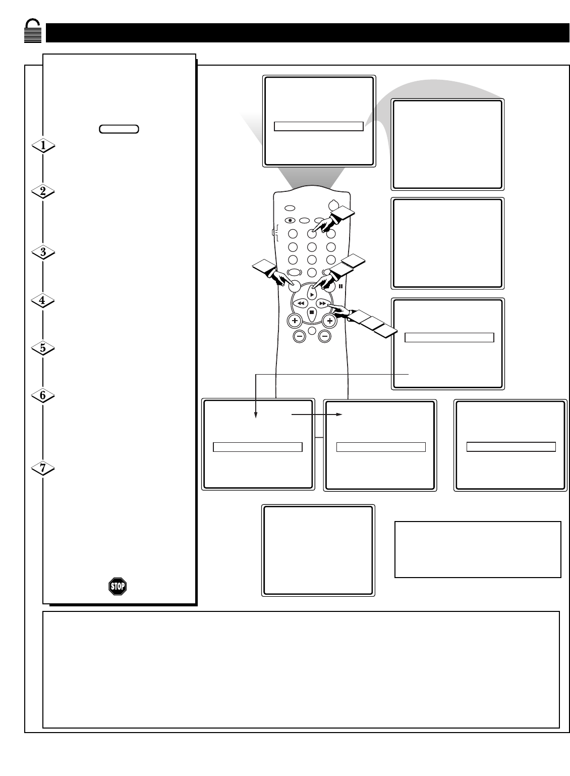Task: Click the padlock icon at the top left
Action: coord(32,31)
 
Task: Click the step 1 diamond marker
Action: coord(43,145)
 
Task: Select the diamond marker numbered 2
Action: coord(43,191)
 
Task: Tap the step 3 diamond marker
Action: coord(43,252)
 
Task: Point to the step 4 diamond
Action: coord(42,300)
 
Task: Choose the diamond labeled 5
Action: coord(43,348)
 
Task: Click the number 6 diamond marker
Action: coord(43,395)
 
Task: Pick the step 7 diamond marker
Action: coord(43,469)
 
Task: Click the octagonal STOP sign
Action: coord(118,586)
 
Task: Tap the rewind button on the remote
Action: coord(301,303)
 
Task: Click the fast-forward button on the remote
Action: coord(323,303)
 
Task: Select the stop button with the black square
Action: coord(311,313)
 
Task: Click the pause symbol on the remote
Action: coord(340,286)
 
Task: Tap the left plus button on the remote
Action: coord(295,321)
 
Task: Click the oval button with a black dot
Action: coord(290,220)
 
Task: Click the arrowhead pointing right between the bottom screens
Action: coord(339,415)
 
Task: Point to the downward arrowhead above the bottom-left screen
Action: coord(256,415)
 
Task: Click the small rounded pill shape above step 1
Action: coord(119,129)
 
